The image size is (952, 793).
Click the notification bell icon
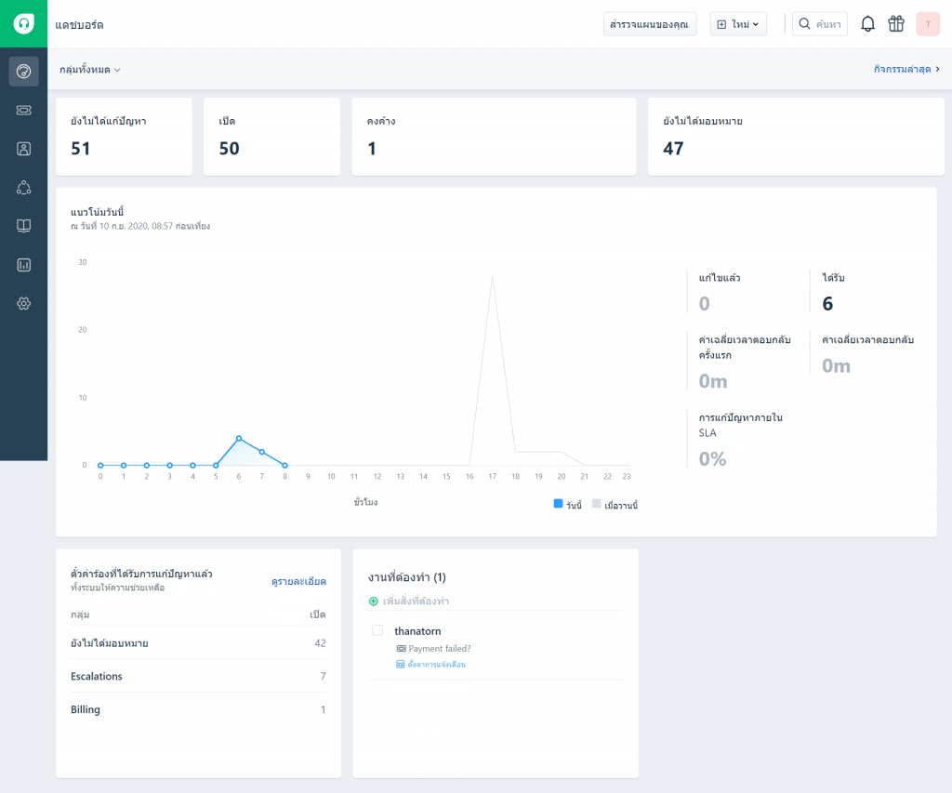point(867,24)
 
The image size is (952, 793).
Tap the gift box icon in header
point(896,24)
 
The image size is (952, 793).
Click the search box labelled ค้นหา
point(820,24)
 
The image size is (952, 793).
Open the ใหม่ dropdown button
point(738,24)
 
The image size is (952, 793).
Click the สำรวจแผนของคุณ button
point(650,24)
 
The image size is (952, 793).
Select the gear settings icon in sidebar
point(23,304)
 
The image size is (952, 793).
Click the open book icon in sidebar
point(23,226)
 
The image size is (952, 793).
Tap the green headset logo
point(23,23)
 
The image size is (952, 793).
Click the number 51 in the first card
point(81,149)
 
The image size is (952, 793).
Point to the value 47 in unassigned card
point(673,149)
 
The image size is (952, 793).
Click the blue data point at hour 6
point(239,439)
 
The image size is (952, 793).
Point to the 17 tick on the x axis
point(493,477)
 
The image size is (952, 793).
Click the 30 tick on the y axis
point(83,262)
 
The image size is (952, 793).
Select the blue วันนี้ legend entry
point(568,505)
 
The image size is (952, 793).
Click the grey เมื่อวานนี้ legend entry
point(615,505)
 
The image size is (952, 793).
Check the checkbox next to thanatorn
point(377,630)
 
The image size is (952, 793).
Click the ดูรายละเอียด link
point(298,582)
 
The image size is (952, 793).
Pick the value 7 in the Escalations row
point(323,676)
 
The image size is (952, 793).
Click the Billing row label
point(86,709)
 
